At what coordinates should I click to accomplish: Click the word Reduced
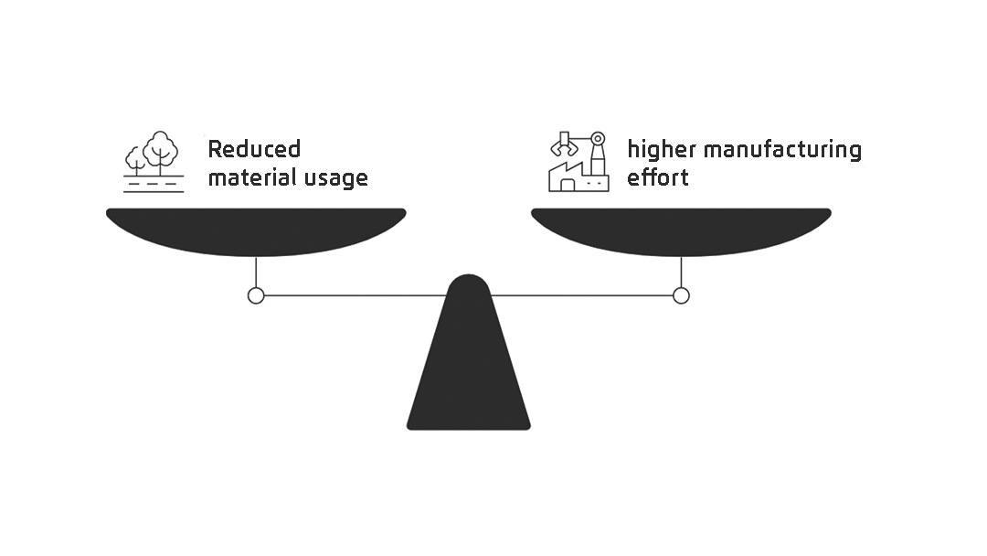pos(254,149)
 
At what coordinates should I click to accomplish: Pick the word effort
pos(657,176)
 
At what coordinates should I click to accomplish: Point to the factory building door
pos(568,186)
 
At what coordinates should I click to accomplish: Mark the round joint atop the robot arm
pos(598,139)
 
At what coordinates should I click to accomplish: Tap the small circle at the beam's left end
pos(256,295)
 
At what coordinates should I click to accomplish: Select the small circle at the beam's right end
pos(681,295)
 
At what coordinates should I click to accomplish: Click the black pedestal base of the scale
pos(468,384)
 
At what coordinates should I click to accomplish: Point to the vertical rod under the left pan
pos(256,272)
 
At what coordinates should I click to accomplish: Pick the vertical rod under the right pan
pos(681,272)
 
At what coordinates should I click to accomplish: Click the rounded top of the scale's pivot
pos(468,283)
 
